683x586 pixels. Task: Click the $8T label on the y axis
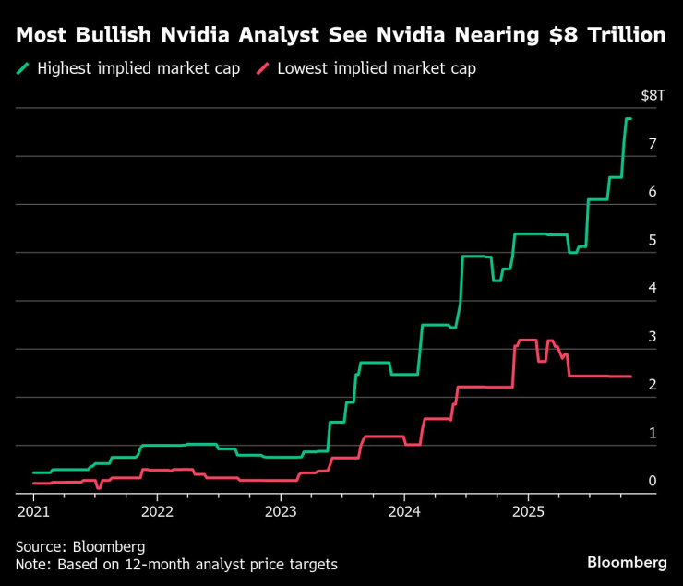pos(652,95)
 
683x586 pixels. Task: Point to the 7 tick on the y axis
pos(653,144)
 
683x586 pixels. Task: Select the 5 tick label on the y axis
pos(653,240)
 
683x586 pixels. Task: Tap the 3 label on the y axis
pos(653,337)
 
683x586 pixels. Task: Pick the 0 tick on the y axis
pos(653,481)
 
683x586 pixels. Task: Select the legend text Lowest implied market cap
pos(377,68)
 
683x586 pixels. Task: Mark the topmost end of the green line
pos(628,119)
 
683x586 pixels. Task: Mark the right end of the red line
pos(630,377)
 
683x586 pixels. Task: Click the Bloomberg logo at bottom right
pos(627,562)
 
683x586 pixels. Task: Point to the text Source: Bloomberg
pos(80,545)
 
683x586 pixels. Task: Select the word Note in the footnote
pos(33,564)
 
